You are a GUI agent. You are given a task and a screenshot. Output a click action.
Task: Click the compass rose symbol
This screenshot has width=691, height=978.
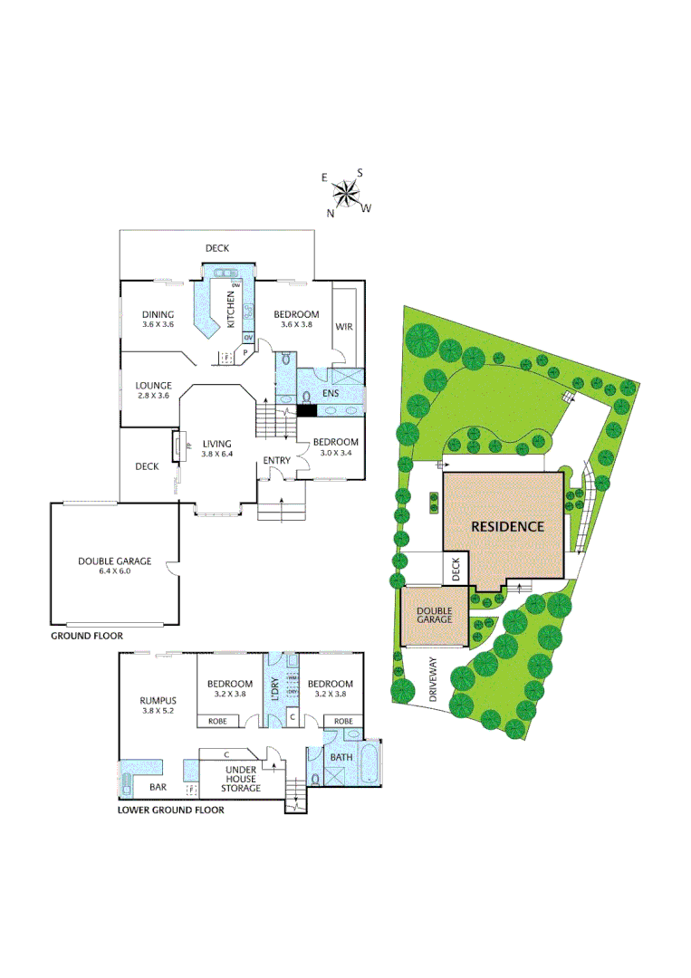(x=345, y=192)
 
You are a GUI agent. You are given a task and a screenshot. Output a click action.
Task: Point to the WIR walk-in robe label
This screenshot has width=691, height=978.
(x=344, y=326)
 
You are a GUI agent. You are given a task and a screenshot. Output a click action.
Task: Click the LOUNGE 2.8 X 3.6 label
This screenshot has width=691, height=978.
(x=154, y=390)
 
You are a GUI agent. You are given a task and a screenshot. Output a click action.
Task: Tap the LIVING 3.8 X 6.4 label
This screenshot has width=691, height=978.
(x=216, y=448)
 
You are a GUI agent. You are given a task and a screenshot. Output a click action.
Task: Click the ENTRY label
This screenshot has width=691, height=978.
(x=276, y=461)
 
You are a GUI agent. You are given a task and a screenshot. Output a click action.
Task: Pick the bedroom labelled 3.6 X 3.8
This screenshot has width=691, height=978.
(x=296, y=319)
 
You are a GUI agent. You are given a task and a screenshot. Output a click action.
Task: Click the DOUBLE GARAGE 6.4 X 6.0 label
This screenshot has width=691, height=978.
(x=114, y=566)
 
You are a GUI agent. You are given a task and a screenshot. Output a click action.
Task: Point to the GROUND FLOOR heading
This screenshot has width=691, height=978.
(x=87, y=637)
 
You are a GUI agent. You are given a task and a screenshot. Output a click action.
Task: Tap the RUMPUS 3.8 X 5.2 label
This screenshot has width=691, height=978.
(x=158, y=705)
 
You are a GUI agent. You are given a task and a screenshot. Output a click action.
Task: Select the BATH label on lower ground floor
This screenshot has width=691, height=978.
(x=341, y=757)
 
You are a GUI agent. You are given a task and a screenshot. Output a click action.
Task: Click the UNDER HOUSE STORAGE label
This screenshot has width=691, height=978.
(x=242, y=780)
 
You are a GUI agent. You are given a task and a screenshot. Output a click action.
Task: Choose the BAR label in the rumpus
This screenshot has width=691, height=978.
(x=158, y=788)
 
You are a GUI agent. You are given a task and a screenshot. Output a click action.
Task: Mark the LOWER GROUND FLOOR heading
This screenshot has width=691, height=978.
(x=171, y=810)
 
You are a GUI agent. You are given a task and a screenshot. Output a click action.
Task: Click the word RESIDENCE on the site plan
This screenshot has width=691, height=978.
(x=506, y=526)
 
